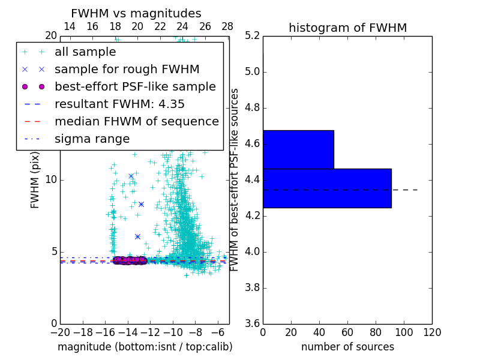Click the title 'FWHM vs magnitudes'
(x=136, y=13)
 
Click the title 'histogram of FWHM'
(x=347, y=28)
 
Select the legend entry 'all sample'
(x=85, y=52)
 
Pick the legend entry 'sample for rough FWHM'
(x=127, y=69)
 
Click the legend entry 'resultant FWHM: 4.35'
(x=119, y=104)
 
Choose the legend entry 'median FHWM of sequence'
(x=136, y=121)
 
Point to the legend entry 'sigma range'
(x=92, y=139)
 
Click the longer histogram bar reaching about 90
(x=327, y=188)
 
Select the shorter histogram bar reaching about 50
(x=298, y=149)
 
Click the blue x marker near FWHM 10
(x=131, y=176)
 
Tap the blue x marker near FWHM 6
(x=137, y=236)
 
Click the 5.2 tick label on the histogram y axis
(x=252, y=36)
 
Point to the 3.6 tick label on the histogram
(x=252, y=323)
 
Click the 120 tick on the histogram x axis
(x=432, y=331)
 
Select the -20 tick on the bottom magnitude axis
(x=60, y=331)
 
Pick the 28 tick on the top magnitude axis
(x=227, y=26)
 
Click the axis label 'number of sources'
(x=347, y=347)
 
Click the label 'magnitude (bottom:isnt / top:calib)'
(x=145, y=347)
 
